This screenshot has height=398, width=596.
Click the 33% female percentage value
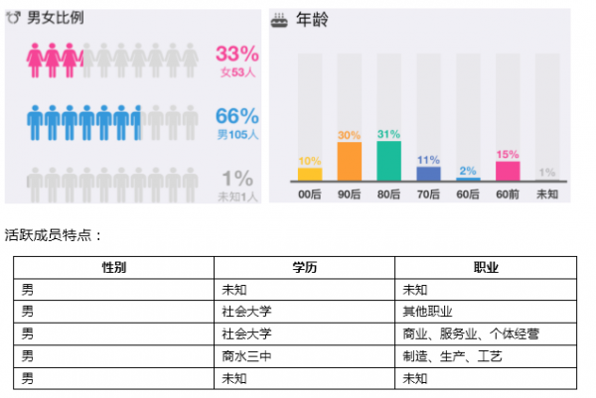(237, 54)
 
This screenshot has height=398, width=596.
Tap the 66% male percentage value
(237, 116)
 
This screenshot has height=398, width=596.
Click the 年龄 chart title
(311, 18)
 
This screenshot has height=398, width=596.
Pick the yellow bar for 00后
(310, 174)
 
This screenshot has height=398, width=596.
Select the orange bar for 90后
(349, 161)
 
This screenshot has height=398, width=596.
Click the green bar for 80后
(388, 160)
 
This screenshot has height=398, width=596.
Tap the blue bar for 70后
(428, 173)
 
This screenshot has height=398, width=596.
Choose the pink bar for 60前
(507, 170)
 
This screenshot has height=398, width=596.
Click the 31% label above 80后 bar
(388, 134)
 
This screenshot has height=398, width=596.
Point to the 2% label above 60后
(468, 170)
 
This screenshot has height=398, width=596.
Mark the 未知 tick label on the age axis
(546, 194)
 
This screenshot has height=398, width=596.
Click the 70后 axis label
(428, 194)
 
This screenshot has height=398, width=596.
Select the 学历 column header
(304, 268)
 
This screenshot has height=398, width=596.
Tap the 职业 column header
(486, 268)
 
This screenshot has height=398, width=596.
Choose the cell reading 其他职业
(427, 312)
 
